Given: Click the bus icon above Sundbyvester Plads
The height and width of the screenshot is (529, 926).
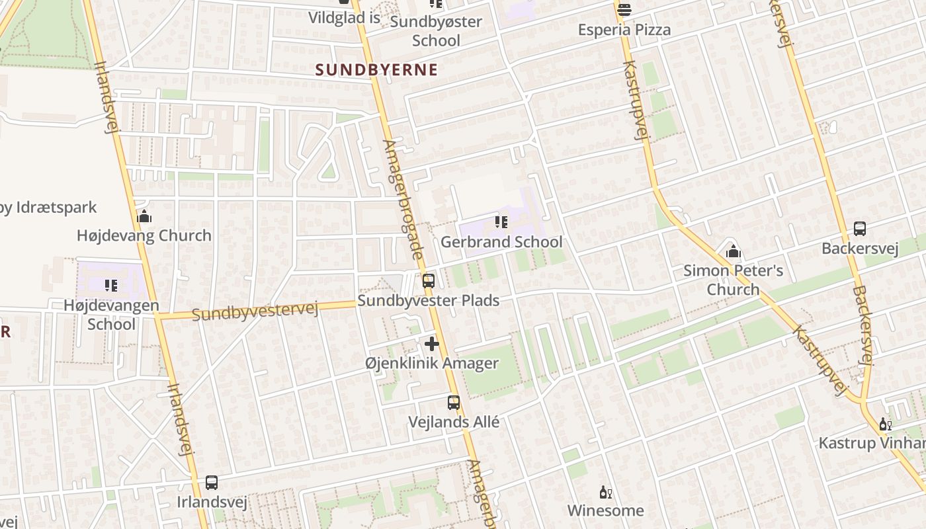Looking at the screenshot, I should [429, 280].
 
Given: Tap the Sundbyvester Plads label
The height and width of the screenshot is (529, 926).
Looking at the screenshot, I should [429, 301].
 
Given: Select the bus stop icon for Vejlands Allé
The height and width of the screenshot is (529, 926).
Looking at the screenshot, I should [454, 402].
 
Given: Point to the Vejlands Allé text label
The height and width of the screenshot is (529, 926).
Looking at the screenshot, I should [454, 422].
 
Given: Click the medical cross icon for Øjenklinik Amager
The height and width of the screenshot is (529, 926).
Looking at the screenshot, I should [432, 344].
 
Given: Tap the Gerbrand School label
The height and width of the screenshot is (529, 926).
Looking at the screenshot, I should [501, 242].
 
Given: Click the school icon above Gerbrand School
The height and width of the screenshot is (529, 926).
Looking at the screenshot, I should [501, 222].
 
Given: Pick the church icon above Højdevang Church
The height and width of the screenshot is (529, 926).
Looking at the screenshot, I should [144, 216].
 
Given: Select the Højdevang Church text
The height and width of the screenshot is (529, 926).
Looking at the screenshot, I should [144, 235].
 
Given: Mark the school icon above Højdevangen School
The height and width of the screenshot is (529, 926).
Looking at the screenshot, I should [111, 286].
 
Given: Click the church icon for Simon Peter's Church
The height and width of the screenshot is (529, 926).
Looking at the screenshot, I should [733, 251].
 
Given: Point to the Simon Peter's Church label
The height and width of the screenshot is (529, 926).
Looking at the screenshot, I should [733, 280].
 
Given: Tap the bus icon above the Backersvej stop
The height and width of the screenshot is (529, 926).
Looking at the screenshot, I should [860, 229].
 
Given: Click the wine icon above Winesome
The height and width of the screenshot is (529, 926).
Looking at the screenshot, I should [605, 492].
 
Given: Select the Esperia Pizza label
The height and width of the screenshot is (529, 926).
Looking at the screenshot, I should [624, 30].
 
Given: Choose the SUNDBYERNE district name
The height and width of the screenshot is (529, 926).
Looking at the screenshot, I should [376, 69].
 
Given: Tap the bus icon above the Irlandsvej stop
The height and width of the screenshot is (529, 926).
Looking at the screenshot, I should [212, 483].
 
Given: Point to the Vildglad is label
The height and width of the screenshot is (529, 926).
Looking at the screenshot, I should [344, 18].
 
